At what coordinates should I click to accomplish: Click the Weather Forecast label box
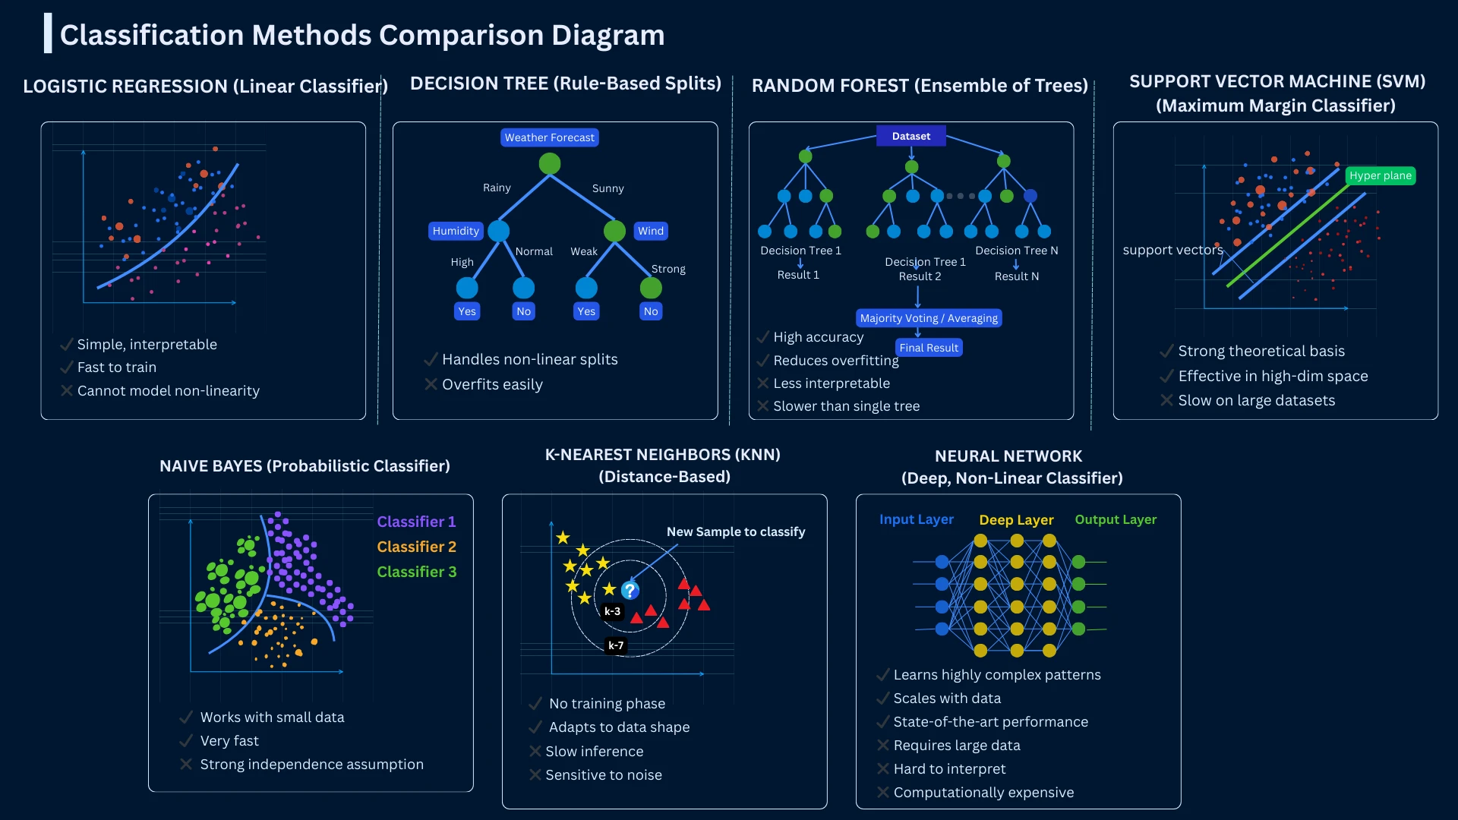pos(549,137)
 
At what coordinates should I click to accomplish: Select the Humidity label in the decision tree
pos(456,231)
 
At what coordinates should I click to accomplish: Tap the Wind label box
pos(651,231)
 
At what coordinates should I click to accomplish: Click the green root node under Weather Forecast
pos(549,163)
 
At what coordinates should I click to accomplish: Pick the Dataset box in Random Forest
pos(910,136)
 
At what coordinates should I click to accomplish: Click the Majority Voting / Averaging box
pos(929,318)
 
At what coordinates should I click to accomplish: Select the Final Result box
pos(929,348)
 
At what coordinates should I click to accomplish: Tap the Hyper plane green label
pos(1380,175)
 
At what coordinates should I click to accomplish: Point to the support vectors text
pos(1172,250)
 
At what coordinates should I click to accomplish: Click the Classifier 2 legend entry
pos(416,547)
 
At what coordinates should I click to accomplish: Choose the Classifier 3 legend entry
pos(416,572)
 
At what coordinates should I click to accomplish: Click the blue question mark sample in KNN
pos(630,591)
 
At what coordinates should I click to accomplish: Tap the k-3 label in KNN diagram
pos(612,611)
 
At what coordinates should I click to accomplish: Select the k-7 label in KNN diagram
pos(616,645)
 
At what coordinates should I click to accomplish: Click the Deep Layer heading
pos(1016,520)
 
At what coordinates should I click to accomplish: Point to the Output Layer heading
pos(1116,519)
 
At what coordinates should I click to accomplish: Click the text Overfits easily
pos(492,384)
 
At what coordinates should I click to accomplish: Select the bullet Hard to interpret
pos(949,768)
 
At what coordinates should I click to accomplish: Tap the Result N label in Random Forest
pos(1016,276)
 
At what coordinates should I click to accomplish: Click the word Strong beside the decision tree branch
pos(668,269)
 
